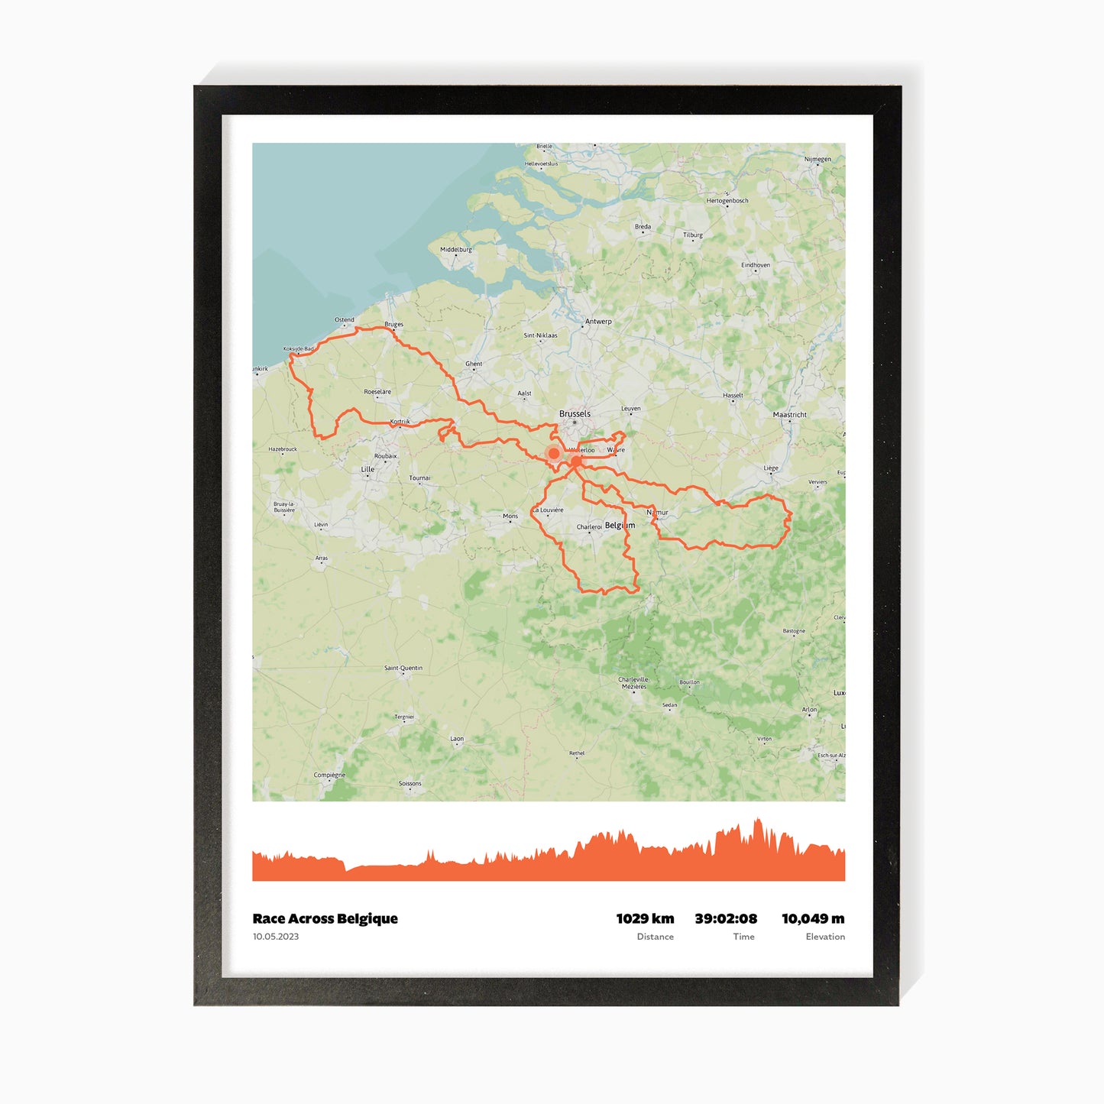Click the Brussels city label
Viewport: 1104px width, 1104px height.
point(575,413)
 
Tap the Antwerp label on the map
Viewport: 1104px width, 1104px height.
point(598,322)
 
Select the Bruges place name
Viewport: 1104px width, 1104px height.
point(393,324)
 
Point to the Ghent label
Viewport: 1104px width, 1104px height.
point(474,364)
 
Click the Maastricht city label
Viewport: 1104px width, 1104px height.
point(789,415)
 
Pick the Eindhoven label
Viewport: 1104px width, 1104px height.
point(756,265)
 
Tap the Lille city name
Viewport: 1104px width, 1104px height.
point(367,469)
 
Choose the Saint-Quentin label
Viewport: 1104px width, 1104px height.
point(403,668)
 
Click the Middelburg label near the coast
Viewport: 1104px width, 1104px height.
point(456,249)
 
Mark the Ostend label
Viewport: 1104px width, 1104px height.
point(345,319)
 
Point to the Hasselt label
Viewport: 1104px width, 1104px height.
point(733,395)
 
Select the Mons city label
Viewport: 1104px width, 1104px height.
point(510,516)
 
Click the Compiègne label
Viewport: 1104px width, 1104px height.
point(329,775)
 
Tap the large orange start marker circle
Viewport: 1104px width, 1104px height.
point(554,453)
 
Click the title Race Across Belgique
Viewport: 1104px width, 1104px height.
point(325,918)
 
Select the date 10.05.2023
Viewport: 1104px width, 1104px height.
point(276,937)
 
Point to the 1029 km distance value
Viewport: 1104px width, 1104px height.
point(645,918)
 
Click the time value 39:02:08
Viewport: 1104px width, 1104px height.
point(726,918)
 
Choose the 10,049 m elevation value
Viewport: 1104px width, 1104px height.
point(813,918)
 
